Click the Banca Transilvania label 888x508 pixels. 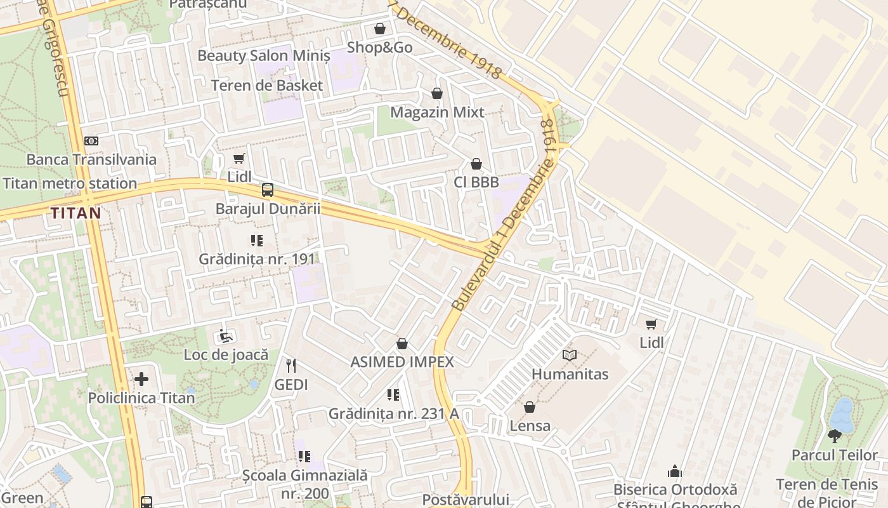pos(91,159)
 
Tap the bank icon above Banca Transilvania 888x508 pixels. pos(91,141)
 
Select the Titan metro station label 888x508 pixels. pos(70,184)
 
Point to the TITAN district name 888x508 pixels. pos(76,213)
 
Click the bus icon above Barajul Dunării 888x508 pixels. pos(268,190)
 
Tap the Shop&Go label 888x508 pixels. pos(379,48)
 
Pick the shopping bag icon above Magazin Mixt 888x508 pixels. pos(437,94)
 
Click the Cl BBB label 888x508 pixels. pos(476,182)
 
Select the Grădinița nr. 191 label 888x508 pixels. pos(257,259)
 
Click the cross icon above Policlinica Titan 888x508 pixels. pos(141,380)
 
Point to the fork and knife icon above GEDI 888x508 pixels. pos(291,366)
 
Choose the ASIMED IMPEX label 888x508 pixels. pos(402,362)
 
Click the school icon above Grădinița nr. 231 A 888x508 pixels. pos(393,395)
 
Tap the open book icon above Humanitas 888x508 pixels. pos(570,356)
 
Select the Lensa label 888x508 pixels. pos(530,425)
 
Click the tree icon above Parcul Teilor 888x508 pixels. pos(835,436)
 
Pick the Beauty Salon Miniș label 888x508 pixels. pos(264,55)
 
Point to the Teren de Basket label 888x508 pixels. pos(266,85)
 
